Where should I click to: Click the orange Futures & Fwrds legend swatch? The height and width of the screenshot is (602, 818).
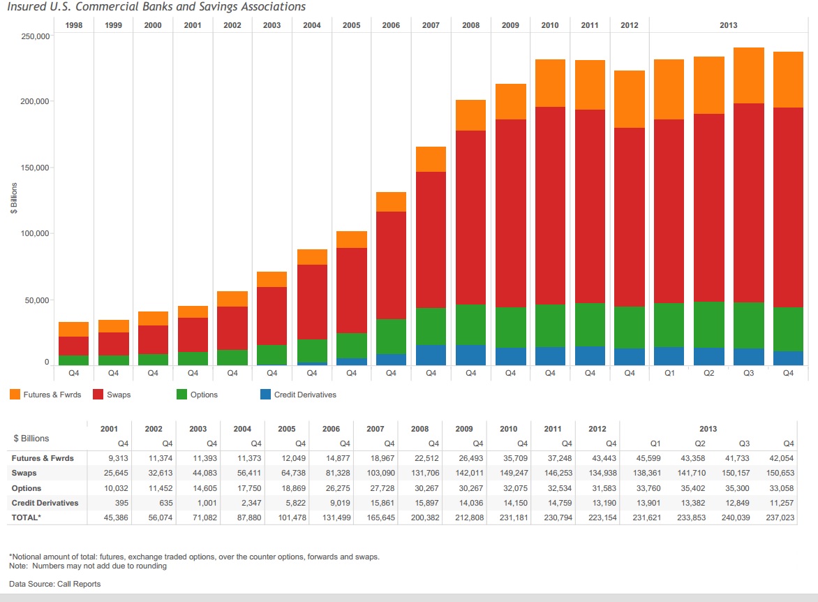15,395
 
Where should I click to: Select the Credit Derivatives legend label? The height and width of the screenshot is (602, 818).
305,395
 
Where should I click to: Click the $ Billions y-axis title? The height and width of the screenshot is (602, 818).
14,199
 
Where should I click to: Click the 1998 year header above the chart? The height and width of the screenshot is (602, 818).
73,25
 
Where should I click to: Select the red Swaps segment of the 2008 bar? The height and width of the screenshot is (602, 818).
470,217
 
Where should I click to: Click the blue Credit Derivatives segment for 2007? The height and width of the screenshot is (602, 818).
431,355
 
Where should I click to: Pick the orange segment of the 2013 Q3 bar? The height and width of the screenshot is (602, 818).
748,75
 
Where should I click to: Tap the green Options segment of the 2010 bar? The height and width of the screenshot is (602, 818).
550,325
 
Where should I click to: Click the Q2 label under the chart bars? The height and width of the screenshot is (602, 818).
708,373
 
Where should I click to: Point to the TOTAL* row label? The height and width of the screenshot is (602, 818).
27,517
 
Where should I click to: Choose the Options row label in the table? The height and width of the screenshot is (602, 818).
27,488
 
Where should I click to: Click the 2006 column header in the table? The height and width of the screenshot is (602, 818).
331,429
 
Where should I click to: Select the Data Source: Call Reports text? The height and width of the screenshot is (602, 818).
54,584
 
